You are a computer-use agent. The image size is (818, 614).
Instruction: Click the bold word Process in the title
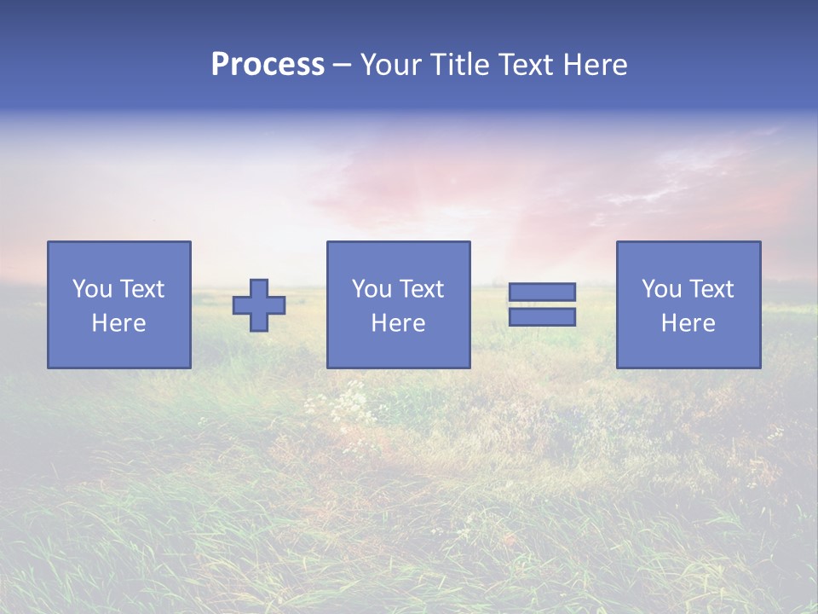pos(268,65)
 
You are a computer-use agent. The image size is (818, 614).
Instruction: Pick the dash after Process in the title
pos(343,66)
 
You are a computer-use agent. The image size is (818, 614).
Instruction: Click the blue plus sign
pos(259,305)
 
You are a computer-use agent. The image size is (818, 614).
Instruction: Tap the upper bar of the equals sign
pos(542,293)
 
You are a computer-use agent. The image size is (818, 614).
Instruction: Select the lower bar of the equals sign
pos(542,316)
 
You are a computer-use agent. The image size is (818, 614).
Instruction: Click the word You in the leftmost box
pos(92,289)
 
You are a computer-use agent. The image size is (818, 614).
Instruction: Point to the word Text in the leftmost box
pos(141,289)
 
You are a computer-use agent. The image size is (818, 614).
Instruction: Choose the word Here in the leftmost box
pos(118,323)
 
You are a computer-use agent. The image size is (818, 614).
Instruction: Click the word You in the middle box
pos(372,289)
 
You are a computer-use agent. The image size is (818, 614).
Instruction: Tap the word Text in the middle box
pos(421,289)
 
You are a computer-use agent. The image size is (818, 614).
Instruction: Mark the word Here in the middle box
pos(398,323)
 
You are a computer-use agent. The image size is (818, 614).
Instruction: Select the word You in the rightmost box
pos(661,289)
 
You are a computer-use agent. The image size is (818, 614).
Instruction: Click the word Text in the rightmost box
pos(711,289)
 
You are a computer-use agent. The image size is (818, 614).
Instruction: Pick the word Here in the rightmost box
pos(688,323)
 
